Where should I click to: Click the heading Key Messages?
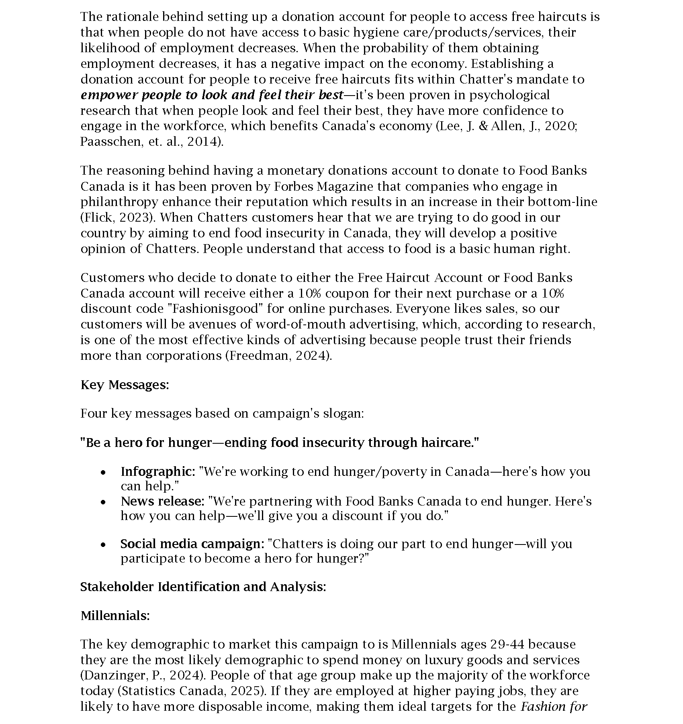(125, 385)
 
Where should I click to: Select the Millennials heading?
(115, 615)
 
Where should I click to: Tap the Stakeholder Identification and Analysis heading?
(203, 587)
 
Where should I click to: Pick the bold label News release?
(163, 501)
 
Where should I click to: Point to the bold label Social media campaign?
(192, 544)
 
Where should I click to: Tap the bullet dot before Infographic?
(104, 473)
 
